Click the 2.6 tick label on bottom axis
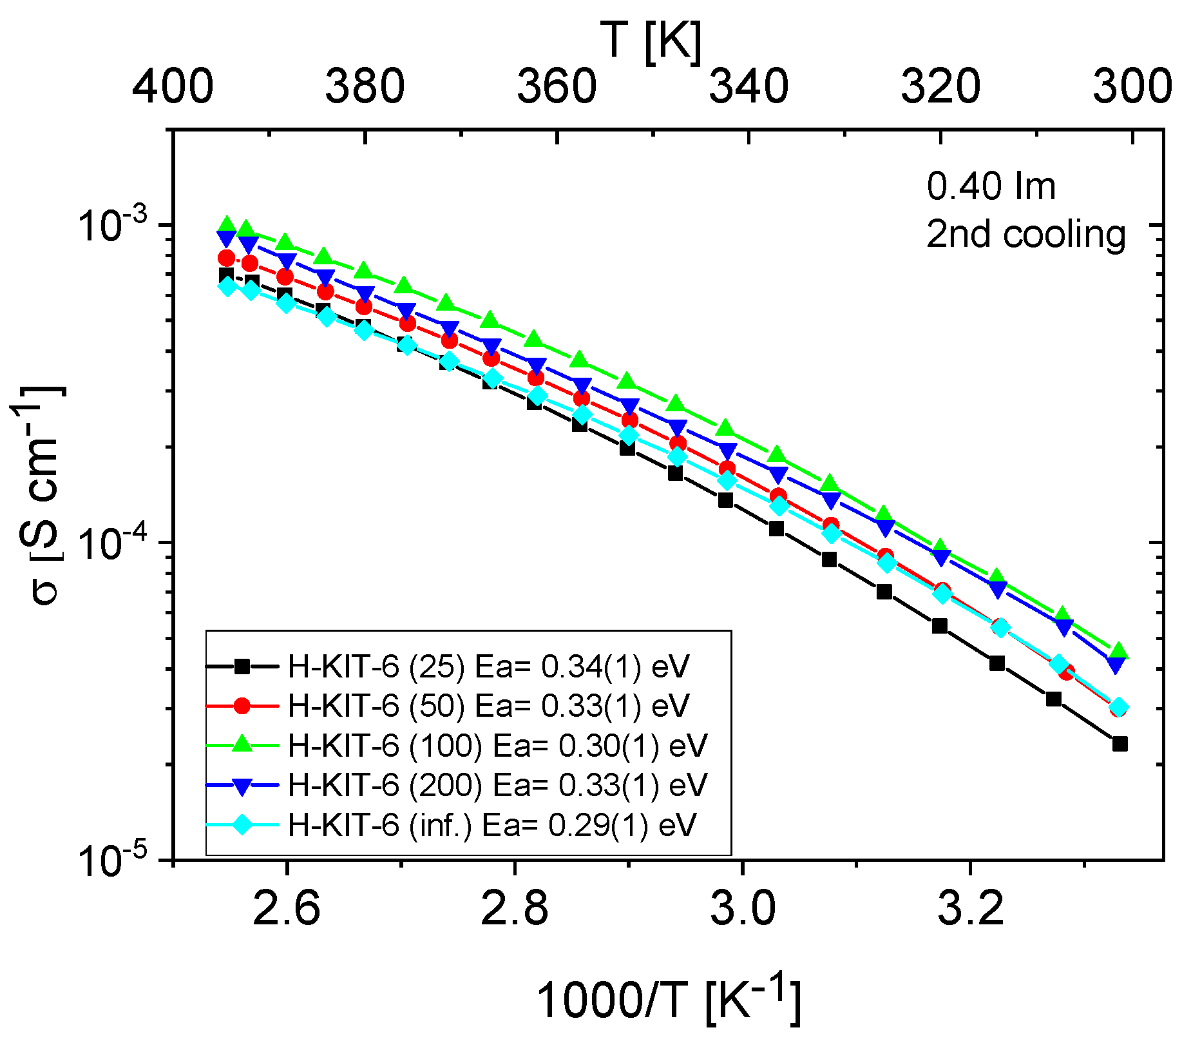click(x=287, y=909)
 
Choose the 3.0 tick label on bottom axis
click(x=743, y=909)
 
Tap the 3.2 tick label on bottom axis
click(x=970, y=909)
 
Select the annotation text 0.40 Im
click(x=991, y=187)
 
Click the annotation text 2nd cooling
click(x=1025, y=234)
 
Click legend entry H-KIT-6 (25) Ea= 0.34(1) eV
click(x=488, y=666)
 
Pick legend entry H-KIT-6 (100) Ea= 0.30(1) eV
click(x=497, y=746)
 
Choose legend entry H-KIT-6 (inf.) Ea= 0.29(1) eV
click(x=491, y=824)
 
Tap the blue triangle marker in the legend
click(x=242, y=786)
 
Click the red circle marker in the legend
click(x=242, y=706)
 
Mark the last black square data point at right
click(x=1120, y=744)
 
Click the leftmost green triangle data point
click(x=227, y=224)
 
